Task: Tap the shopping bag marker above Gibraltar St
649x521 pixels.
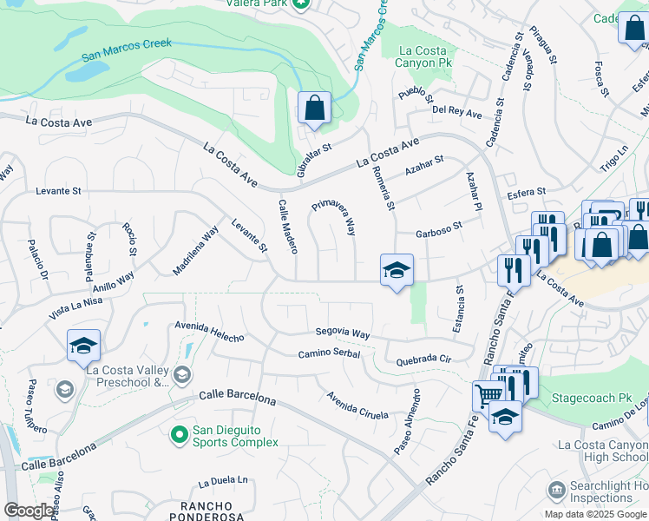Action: [x=314, y=109]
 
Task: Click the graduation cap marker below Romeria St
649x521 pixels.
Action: [x=397, y=270]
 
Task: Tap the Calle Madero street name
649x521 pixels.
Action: [x=287, y=227]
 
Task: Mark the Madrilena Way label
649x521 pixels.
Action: [x=195, y=251]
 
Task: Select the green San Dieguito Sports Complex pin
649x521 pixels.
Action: [x=180, y=433]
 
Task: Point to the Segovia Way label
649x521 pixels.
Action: [x=343, y=333]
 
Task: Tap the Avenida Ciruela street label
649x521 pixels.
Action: [x=357, y=406]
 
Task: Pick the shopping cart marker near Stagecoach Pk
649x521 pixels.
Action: [x=488, y=397]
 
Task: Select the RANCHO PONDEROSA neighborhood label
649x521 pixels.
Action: [x=206, y=511]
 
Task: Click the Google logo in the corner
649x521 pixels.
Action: [x=28, y=511]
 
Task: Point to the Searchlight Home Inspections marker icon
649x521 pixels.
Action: [x=555, y=491]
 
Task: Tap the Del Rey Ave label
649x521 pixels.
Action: [x=456, y=113]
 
